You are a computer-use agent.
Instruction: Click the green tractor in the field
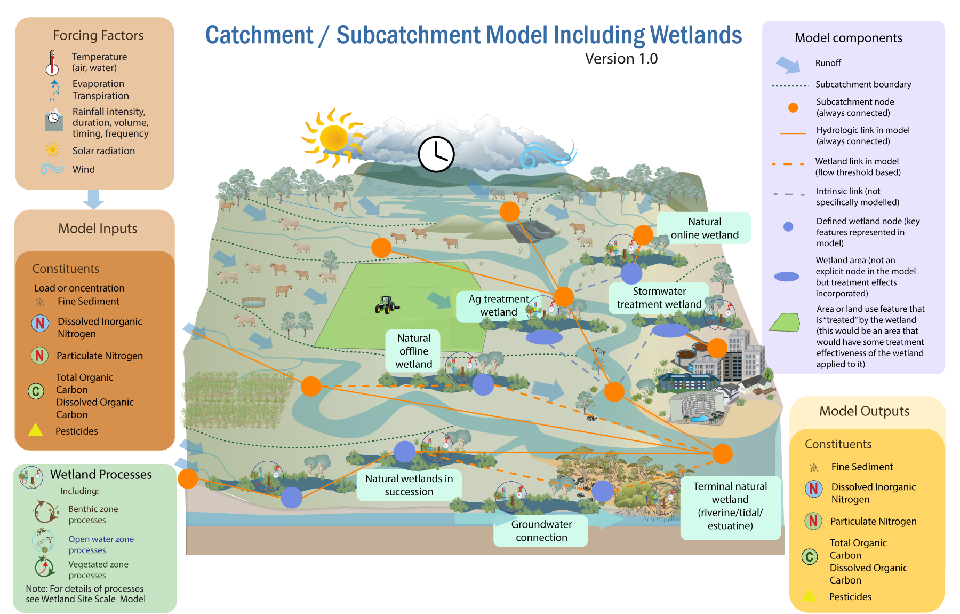386,305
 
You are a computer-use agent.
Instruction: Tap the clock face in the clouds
436,154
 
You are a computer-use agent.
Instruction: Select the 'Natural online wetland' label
704,228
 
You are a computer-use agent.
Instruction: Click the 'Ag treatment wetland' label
498,305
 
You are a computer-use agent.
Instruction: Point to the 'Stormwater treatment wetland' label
659,298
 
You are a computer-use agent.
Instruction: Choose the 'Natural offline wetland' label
413,351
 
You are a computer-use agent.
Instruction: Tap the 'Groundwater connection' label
541,531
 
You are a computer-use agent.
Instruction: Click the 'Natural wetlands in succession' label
409,485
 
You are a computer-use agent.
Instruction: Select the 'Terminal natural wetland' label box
730,506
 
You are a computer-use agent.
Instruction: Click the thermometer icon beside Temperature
52,63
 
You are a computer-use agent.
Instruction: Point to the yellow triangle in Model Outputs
810,595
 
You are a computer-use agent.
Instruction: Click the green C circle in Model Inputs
36,391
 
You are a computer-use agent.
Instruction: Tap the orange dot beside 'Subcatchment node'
793,107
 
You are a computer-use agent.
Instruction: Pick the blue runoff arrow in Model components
788,65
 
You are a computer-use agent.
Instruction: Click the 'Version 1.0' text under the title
621,59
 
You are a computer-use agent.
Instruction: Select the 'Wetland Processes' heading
101,474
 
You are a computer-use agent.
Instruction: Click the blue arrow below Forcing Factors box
94,199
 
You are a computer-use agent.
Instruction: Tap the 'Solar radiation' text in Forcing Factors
103,151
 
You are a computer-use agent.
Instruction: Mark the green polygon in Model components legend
785,322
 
